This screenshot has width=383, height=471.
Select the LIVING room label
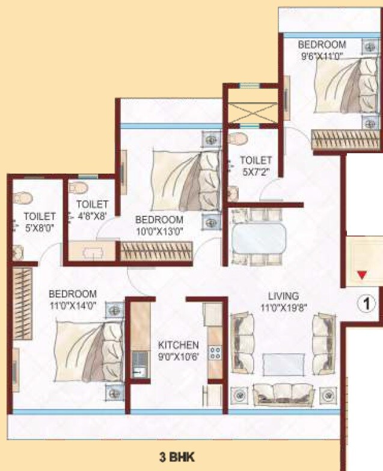coord(283,296)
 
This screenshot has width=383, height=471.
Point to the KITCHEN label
coord(178,345)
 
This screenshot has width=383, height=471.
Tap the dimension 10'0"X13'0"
coord(159,230)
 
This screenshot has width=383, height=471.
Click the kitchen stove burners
coord(215,353)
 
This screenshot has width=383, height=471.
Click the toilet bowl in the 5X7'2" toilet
coord(239,139)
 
